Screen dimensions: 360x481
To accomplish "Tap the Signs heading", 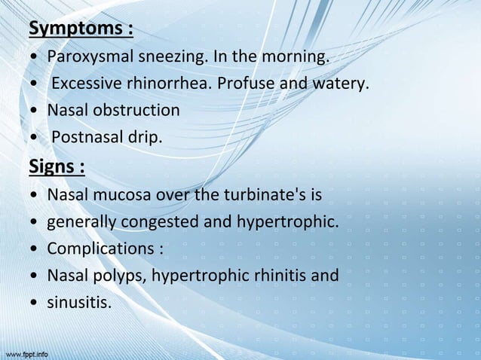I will [57, 166].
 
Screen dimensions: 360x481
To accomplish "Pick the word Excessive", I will [86, 84].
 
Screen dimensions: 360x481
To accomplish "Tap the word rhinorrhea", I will [169, 84].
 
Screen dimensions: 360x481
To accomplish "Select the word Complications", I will [100, 249].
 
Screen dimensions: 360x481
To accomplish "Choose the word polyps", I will [121, 276].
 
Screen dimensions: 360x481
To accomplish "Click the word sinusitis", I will [78, 303].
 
